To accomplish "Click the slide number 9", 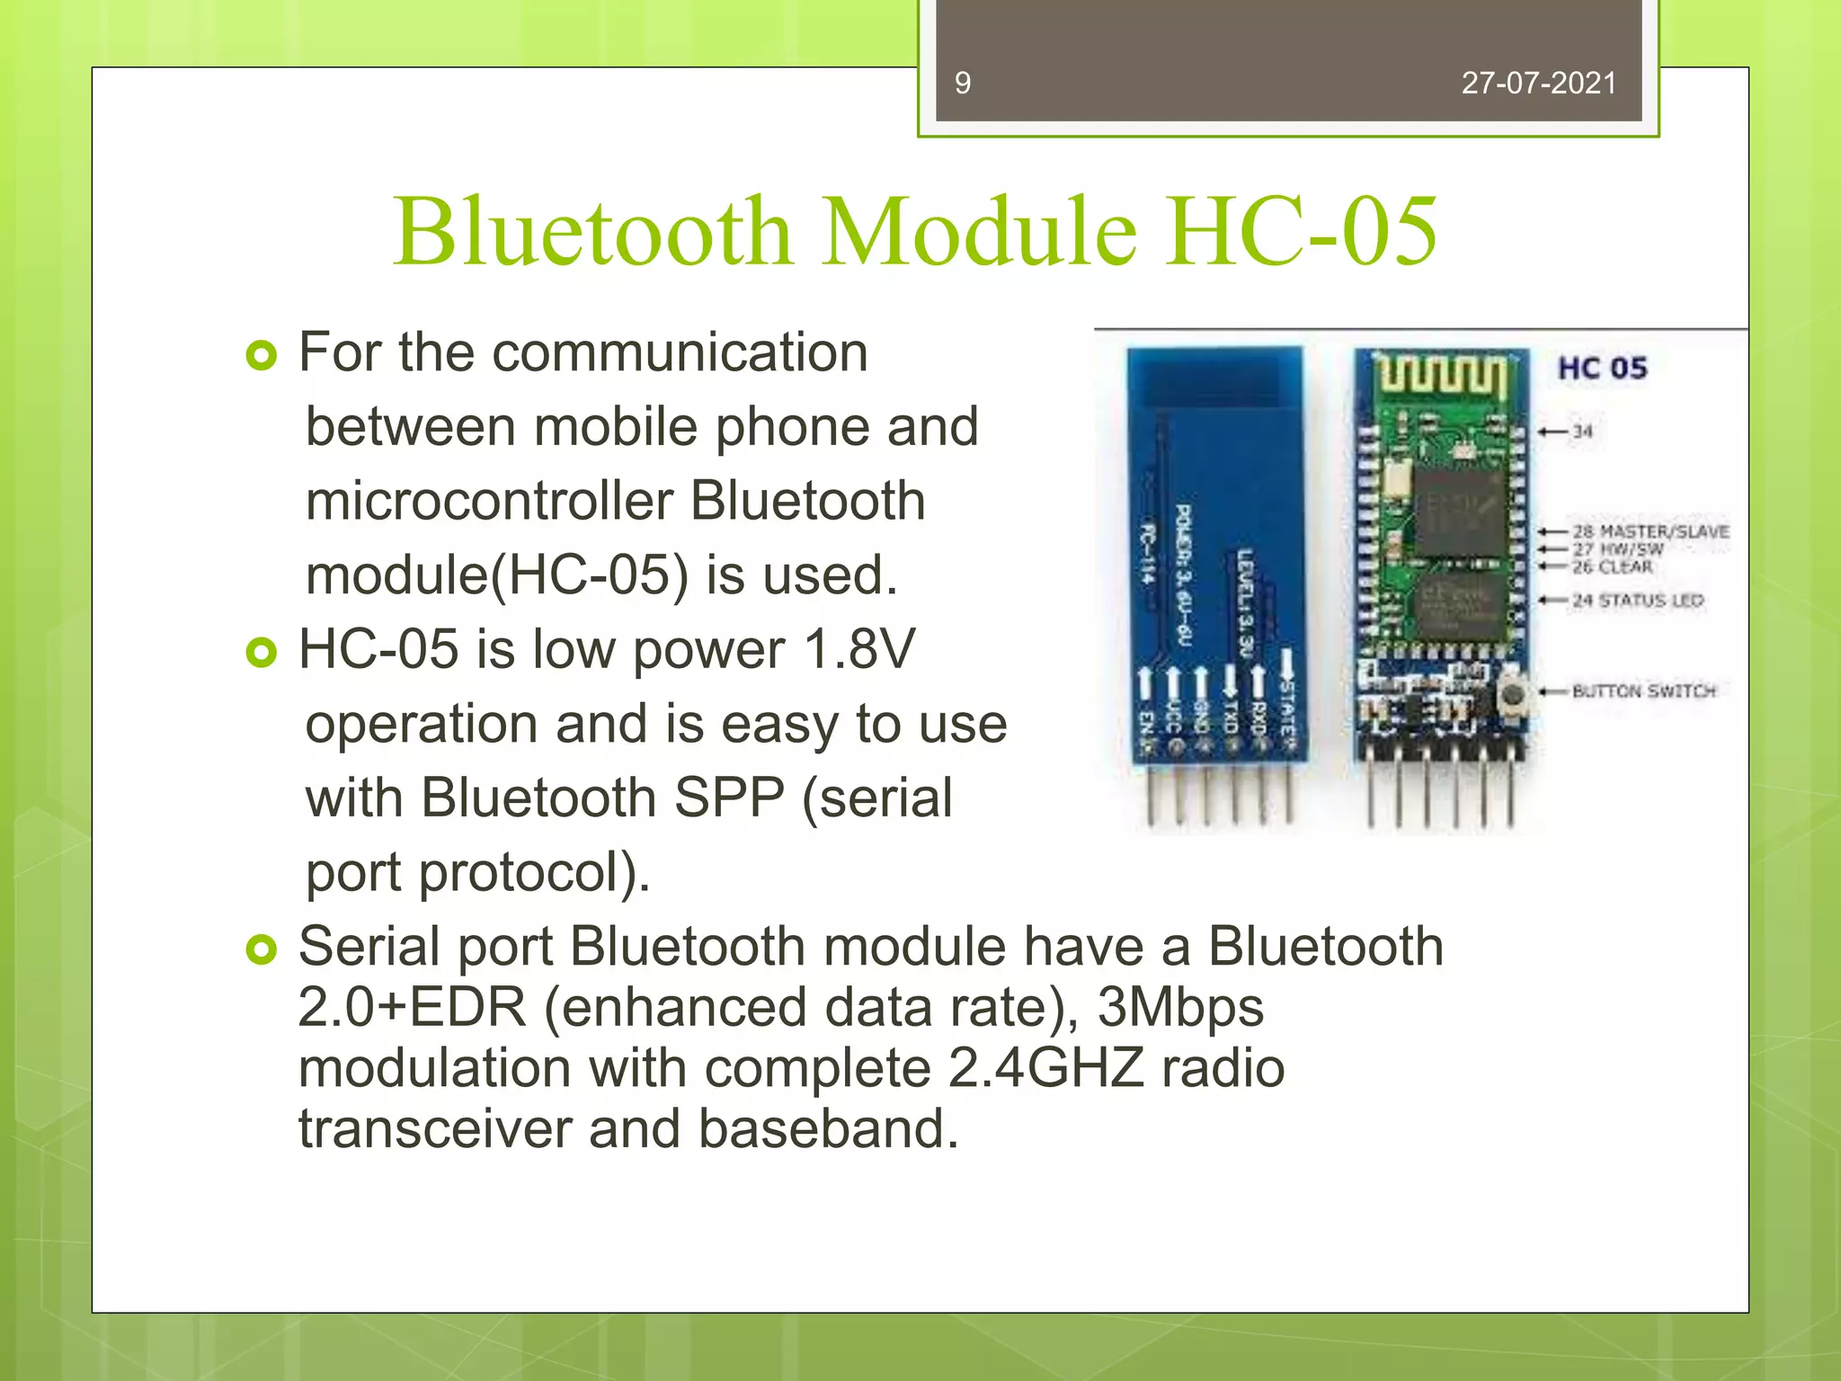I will (x=962, y=84).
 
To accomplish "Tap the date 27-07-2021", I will (x=1538, y=84).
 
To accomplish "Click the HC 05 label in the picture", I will (x=1602, y=369).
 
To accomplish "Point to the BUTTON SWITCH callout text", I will (x=1643, y=691).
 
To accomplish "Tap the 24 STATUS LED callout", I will (x=1637, y=601).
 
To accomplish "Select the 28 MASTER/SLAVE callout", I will (x=1650, y=531).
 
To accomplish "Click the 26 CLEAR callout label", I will (x=1612, y=566).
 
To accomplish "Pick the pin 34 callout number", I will (x=1582, y=432).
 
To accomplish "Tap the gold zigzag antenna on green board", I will (x=1441, y=376).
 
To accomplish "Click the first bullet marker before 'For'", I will (x=261, y=356).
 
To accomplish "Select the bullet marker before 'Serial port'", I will (x=261, y=949).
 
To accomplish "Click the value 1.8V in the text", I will (x=859, y=649).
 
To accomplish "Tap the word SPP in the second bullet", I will (x=729, y=797).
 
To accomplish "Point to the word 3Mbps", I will (x=1180, y=1007).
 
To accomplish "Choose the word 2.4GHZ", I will (x=1046, y=1068).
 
